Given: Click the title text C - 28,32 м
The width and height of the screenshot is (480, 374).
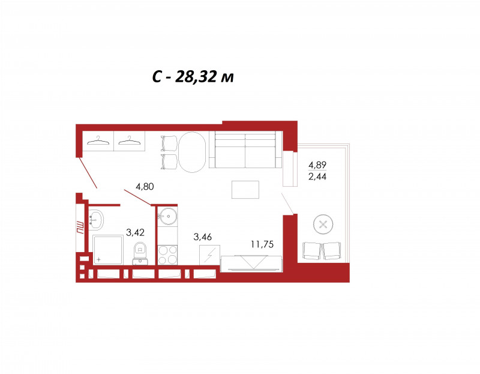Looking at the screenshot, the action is pyautogui.click(x=193, y=77).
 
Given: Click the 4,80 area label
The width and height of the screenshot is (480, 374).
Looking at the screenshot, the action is pyautogui.click(x=145, y=186).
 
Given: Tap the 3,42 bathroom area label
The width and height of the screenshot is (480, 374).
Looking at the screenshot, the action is pyautogui.click(x=135, y=232).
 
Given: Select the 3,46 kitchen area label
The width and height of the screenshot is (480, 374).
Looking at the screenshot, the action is pyautogui.click(x=202, y=237).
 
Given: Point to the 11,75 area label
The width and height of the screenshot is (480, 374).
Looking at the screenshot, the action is pyautogui.click(x=262, y=244).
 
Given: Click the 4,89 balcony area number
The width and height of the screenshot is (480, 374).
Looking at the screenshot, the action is pyautogui.click(x=317, y=165).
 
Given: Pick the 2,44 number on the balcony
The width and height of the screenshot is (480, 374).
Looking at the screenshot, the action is pyautogui.click(x=317, y=176).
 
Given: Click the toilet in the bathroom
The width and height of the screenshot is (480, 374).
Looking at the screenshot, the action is pyautogui.click(x=140, y=253).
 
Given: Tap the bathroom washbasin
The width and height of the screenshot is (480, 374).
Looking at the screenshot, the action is pyautogui.click(x=96, y=220).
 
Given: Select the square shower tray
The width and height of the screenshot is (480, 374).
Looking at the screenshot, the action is pyautogui.click(x=107, y=250).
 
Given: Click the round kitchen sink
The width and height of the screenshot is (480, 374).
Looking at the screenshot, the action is pyautogui.click(x=168, y=216).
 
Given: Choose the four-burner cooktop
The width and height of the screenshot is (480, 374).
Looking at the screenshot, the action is pyautogui.click(x=167, y=255).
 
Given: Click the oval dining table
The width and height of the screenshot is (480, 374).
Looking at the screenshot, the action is pyautogui.click(x=192, y=152).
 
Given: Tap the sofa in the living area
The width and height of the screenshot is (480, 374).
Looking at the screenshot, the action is pyautogui.click(x=245, y=149).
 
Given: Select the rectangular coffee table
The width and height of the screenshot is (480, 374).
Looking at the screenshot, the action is pyautogui.click(x=245, y=190).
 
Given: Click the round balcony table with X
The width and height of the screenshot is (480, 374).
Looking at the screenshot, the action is pyautogui.click(x=323, y=224).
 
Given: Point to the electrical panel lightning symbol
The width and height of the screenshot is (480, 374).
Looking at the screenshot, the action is pyautogui.click(x=209, y=255).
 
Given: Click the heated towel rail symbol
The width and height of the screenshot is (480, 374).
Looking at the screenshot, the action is pyautogui.click(x=80, y=228).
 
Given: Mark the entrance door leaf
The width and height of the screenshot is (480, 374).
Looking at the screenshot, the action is pyautogui.click(x=88, y=172).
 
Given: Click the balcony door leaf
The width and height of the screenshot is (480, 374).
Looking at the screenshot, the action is pyautogui.click(x=288, y=204).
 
